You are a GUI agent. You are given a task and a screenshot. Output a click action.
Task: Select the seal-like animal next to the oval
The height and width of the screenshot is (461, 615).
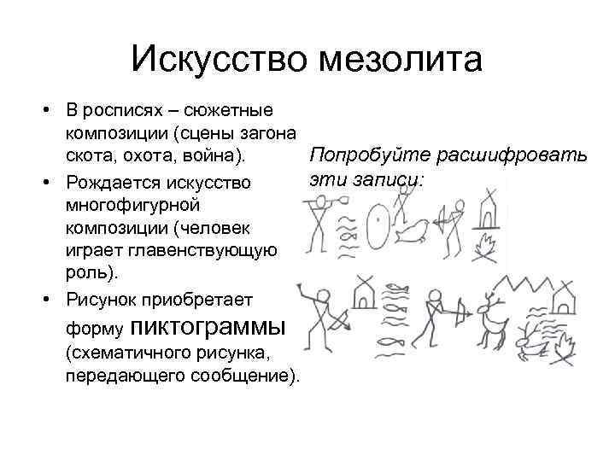pos(415,229)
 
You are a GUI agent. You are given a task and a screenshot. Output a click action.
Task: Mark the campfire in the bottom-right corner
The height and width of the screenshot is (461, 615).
pos(567,346)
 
